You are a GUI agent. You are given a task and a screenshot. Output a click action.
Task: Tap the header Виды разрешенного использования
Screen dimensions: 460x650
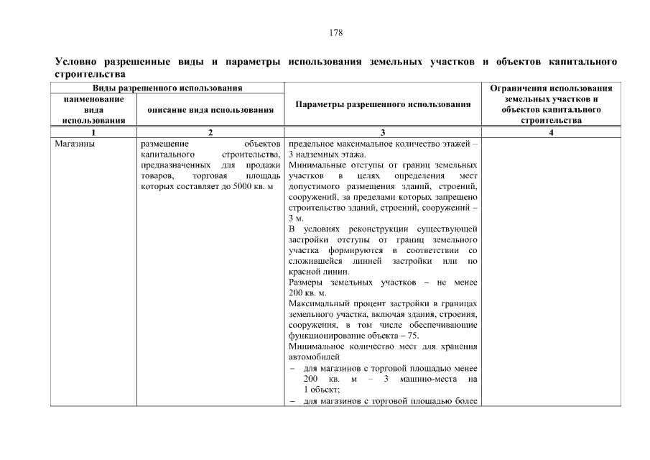click(167, 88)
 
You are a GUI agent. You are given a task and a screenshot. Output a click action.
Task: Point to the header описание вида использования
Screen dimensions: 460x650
click(210, 110)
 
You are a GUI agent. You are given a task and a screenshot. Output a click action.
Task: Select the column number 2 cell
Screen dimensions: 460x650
click(210, 132)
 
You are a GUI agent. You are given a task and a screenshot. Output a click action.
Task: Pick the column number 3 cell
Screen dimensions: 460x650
click(383, 132)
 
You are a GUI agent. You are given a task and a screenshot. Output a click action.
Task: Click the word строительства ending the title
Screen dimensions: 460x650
click(91, 74)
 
